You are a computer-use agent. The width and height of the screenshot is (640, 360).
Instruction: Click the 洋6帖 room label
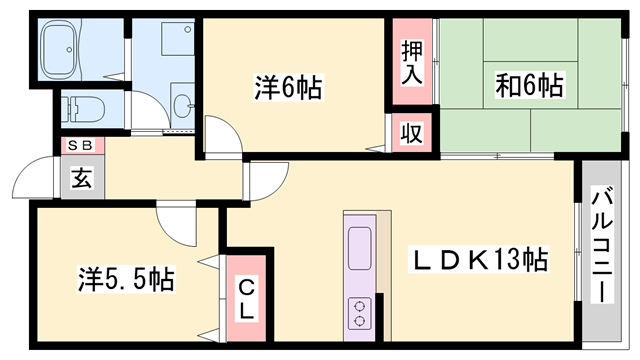(x=287, y=89)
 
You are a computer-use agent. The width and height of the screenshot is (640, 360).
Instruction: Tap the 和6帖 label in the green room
(x=529, y=85)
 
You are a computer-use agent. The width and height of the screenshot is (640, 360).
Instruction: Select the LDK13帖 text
(x=481, y=261)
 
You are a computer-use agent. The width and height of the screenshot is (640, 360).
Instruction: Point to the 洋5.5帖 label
(x=126, y=278)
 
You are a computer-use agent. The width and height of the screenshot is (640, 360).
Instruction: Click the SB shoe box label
(x=80, y=145)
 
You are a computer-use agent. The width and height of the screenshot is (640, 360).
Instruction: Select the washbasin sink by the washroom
(x=184, y=104)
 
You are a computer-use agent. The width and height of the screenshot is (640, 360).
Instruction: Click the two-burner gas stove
(x=358, y=314)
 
